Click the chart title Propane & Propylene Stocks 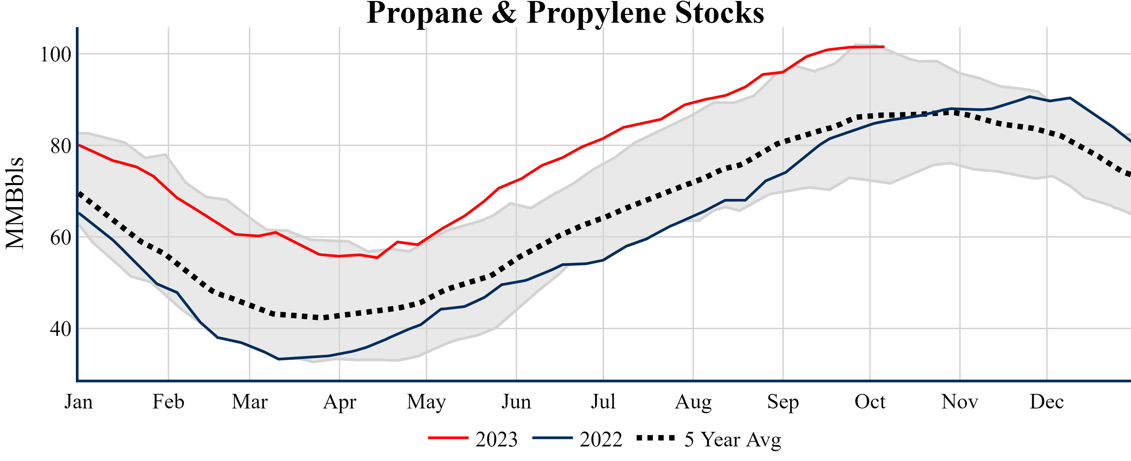pos(565,13)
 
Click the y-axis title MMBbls pos(15,203)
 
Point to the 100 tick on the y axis pos(56,55)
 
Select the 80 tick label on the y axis pos(61,146)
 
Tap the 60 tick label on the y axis pos(61,237)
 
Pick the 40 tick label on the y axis pos(61,329)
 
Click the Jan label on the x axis pos(79,402)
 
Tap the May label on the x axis pos(426,402)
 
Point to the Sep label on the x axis pos(783,402)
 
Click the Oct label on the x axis pos(870,402)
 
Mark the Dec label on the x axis pos(1047,402)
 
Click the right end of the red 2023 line pos(883,46)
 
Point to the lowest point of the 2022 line pos(279,359)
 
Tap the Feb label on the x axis pos(168,402)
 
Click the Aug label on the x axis pos(693,402)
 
